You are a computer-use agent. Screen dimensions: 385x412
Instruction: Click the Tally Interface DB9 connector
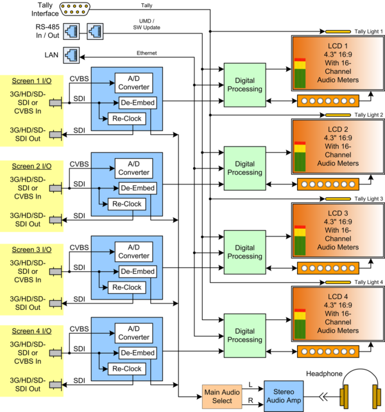[74, 9]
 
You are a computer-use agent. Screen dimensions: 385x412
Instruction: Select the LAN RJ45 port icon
[71, 55]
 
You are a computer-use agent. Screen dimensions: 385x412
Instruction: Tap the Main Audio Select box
[222, 397]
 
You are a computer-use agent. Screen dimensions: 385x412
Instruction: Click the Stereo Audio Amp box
[284, 396]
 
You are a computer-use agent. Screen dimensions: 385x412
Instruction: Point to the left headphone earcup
[345, 397]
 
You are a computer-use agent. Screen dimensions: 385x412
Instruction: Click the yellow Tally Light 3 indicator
[338, 199]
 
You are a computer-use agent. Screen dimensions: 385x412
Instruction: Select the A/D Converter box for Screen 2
[133, 168]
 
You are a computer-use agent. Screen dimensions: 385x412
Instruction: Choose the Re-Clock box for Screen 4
[127, 369]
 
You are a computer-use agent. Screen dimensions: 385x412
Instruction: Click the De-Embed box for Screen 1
[138, 103]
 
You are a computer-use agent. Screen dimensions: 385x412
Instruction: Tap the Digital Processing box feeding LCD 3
[244, 252]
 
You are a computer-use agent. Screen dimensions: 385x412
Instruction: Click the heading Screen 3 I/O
[31, 249]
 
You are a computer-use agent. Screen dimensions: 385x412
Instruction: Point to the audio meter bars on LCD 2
[300, 156]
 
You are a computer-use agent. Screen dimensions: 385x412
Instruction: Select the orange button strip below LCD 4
[328, 352]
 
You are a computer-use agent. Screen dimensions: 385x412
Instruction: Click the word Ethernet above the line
[146, 53]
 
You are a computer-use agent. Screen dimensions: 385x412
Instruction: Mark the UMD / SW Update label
[146, 24]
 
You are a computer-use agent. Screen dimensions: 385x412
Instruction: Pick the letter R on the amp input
[251, 400]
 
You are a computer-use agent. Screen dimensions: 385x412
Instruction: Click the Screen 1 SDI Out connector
[56, 135]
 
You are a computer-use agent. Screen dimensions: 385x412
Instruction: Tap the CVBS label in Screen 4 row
[79, 328]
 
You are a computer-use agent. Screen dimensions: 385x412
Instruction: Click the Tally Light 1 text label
[368, 31]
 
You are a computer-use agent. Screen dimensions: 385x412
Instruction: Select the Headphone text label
[324, 373]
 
